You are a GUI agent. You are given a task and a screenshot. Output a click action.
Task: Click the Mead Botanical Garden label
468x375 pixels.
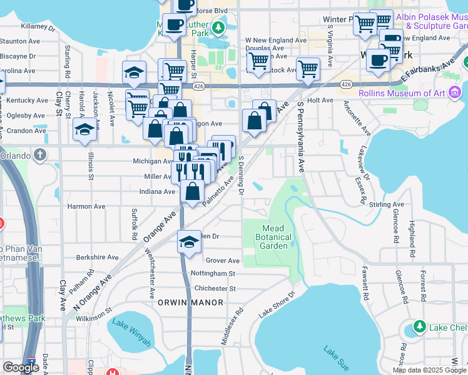pos(274,237)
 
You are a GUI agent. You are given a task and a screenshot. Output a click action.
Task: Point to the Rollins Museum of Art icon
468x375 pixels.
pos(455,94)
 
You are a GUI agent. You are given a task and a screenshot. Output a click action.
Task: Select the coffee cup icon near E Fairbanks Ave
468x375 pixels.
pos(378,60)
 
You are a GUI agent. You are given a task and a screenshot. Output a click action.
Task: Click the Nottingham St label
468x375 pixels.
pos(213,274)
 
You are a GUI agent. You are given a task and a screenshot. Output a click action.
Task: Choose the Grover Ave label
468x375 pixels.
pos(223,261)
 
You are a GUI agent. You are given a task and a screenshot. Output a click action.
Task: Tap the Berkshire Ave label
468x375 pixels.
pos(97,257)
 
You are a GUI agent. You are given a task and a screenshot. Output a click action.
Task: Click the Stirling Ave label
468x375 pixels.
pos(386,204)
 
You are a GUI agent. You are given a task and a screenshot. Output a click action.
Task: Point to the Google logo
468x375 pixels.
pos(21,367)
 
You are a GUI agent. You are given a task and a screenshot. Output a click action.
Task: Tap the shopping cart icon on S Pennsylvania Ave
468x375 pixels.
pos(308,69)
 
